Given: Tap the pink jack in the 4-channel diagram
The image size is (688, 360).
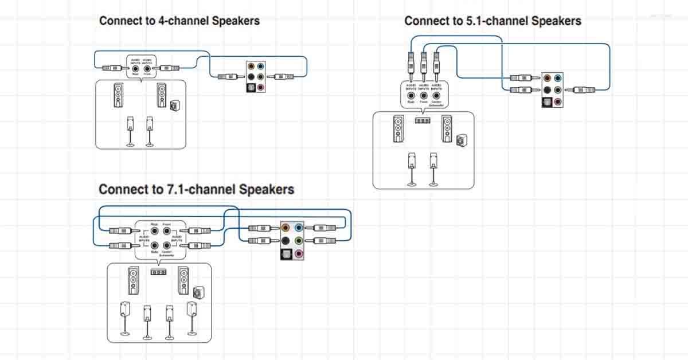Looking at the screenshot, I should [x=261, y=87].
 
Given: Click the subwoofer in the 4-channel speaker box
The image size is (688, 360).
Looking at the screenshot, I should [x=174, y=106].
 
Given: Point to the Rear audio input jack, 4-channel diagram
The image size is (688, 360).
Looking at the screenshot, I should [x=135, y=68].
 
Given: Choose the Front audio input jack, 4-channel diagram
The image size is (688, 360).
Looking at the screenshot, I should [x=147, y=68].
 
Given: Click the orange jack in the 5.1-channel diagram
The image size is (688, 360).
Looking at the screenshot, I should [x=548, y=77].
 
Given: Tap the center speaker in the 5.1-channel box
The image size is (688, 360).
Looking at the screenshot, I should [x=423, y=121].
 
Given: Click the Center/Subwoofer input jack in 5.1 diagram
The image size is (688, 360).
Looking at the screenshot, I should [x=436, y=95].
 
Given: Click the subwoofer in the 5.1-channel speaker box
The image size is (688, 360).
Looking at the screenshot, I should [x=461, y=140].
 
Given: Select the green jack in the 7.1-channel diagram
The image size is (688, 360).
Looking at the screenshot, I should [x=299, y=240].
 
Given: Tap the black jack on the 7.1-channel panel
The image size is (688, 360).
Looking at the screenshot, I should [x=286, y=240].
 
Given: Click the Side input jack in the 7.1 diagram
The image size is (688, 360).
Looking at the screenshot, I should [x=154, y=245].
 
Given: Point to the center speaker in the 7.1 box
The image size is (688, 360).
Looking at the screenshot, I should [x=158, y=272].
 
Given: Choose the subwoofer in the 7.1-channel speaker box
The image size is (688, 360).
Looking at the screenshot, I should [x=198, y=292].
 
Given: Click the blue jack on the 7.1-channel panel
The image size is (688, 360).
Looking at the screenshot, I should [x=299, y=227].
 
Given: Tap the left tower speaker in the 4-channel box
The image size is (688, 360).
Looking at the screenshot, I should [x=118, y=96].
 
